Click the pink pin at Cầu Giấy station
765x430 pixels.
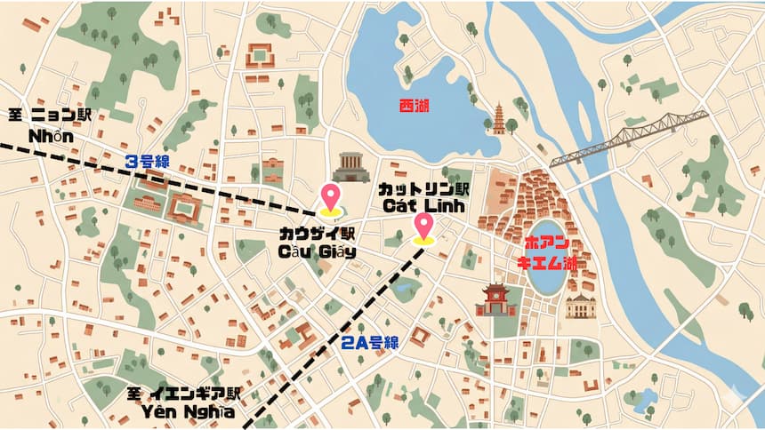pos(331,198)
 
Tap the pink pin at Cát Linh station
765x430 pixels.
pos(424,226)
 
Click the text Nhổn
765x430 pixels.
pos(51,138)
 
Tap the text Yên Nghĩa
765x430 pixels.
pos(188,411)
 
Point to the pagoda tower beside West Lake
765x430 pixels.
pos(499,118)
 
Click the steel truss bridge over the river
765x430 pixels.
pos(628,139)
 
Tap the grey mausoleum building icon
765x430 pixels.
pos(351,167)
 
